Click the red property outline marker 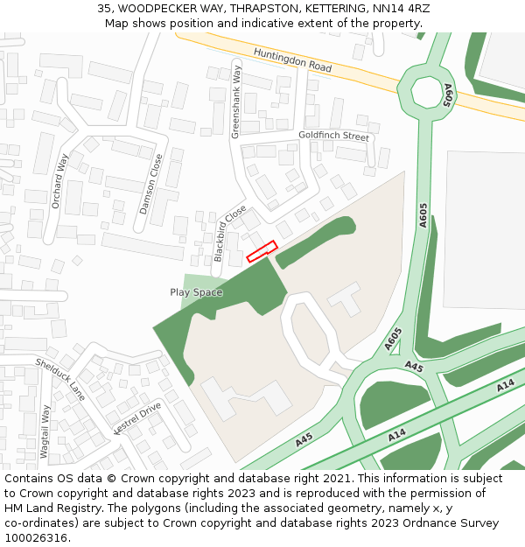pos(262,251)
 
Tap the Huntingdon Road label pos(292,60)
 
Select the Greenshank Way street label pos(236,100)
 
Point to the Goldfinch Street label pos(333,136)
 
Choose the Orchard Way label pos(59,181)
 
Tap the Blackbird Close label pos(230,234)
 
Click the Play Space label pos(196,292)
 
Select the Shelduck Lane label pos(60,379)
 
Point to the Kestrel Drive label pos(137,417)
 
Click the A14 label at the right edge pos(505,386)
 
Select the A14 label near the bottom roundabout pos(397,434)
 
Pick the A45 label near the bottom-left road pos(304,440)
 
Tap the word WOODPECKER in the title pos(157,9)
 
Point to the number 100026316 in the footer pos(36,538)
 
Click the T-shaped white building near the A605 pos(347,298)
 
